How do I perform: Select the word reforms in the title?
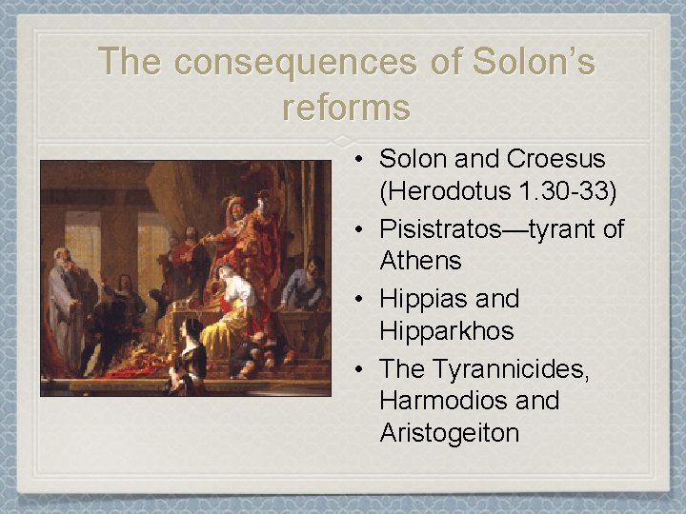pyautogui.click(x=346, y=107)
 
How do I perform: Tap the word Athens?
pyautogui.click(x=420, y=261)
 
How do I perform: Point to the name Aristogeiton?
pyautogui.click(x=450, y=434)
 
